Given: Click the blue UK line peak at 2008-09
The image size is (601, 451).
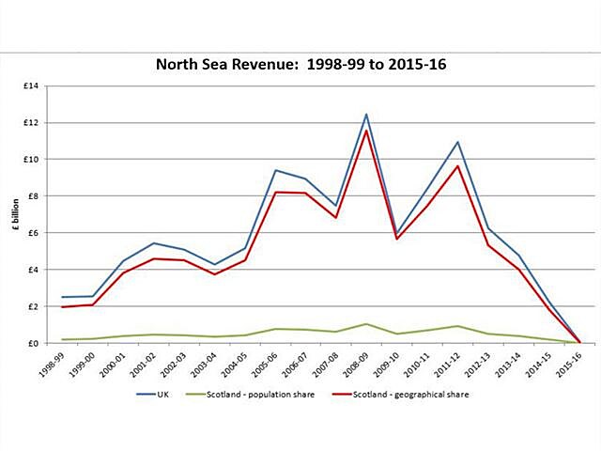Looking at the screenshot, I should tap(366, 115).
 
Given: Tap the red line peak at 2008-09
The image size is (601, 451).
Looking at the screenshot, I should tap(366, 131).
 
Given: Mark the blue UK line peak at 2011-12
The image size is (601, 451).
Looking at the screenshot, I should tap(457, 142).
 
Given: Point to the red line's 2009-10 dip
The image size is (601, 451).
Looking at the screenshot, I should tap(396, 239).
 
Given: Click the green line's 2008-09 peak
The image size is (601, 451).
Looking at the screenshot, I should tap(366, 324).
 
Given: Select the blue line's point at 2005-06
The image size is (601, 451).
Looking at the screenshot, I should tap(275, 170).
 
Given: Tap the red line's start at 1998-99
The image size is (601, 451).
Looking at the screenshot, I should tap(63, 306).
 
